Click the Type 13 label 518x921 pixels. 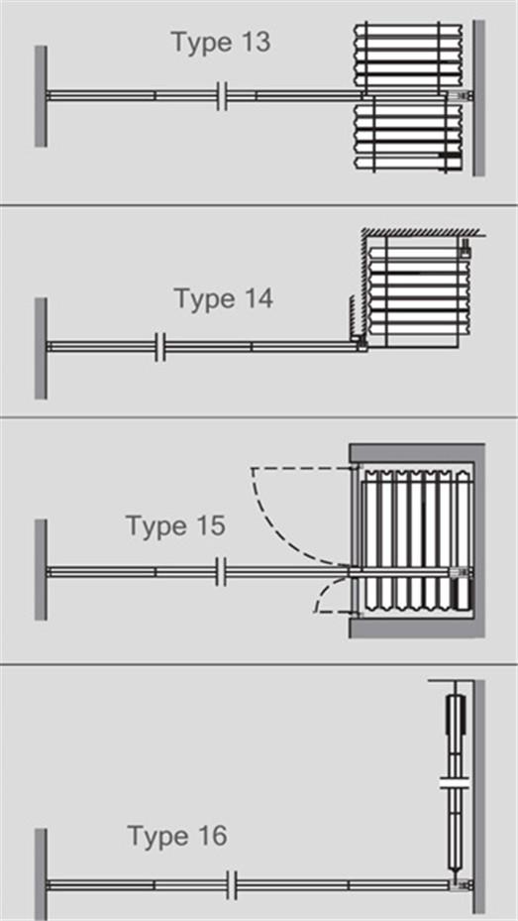coord(221,43)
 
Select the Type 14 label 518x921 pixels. coord(224,299)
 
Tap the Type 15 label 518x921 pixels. coord(176,525)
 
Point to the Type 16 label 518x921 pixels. coord(177,836)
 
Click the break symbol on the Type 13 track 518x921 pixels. coord(222,96)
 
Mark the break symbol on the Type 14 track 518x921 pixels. coord(160,347)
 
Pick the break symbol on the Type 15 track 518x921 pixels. coord(221,571)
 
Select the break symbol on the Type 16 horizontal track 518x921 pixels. coord(232,885)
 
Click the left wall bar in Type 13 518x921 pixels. coord(41,96)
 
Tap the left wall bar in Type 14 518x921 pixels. coord(41,348)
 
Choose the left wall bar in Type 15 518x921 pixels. coord(41,569)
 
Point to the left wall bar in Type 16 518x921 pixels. coord(41,874)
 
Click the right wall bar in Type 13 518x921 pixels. coord(479,98)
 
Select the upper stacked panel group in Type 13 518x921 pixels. coord(409,58)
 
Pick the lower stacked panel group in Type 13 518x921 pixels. coord(409,136)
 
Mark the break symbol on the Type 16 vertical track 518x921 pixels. coord(457,782)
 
